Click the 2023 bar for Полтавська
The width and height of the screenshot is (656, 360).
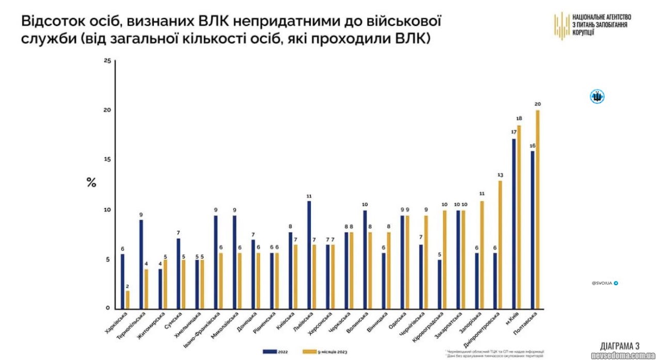tap(537, 209)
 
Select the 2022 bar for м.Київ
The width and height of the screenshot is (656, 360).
tap(514, 224)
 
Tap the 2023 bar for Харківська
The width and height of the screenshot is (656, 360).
tap(128, 300)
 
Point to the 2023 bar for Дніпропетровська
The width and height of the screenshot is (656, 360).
tap(500, 245)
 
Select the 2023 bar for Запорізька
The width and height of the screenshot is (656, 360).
tap(482, 255)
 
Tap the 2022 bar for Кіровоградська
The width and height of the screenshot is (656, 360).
tap(439, 284)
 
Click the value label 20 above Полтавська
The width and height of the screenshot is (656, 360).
tap(537, 104)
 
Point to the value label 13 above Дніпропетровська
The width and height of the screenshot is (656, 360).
tap(500, 175)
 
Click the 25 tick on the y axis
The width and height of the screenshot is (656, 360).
tap(107, 61)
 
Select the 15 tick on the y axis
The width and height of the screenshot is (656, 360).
tap(107, 160)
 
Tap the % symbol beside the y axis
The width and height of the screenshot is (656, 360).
tap(91, 183)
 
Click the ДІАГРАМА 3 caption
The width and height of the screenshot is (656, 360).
tap(620, 346)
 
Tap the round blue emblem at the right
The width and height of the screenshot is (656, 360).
tap(598, 96)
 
